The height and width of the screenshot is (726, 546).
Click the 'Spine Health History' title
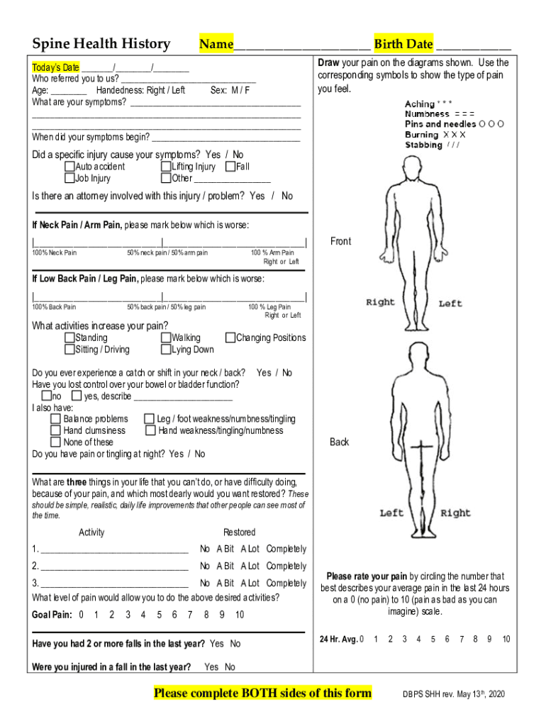click(100, 44)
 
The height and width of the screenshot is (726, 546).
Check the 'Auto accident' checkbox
click(69, 167)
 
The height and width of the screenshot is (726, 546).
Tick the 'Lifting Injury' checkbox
click(166, 167)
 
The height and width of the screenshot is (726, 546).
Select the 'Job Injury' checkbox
click(69, 179)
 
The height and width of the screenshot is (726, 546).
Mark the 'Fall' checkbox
click(230, 167)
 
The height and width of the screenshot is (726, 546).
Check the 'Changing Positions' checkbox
click(230, 337)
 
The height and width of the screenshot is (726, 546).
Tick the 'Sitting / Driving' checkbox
click(69, 350)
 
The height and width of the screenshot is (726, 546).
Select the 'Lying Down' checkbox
click(166, 350)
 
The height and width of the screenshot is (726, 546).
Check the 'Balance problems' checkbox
click(55, 419)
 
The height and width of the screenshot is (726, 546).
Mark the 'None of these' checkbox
click(55, 442)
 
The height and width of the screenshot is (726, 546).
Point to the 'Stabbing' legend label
click(423, 145)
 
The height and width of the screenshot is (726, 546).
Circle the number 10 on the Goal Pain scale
click(240, 615)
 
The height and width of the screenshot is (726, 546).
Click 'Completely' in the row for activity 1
click(286, 549)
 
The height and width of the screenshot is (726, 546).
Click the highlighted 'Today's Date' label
click(56, 67)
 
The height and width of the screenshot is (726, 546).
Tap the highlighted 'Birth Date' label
click(403, 44)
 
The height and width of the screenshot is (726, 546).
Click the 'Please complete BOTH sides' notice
click(262, 693)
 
